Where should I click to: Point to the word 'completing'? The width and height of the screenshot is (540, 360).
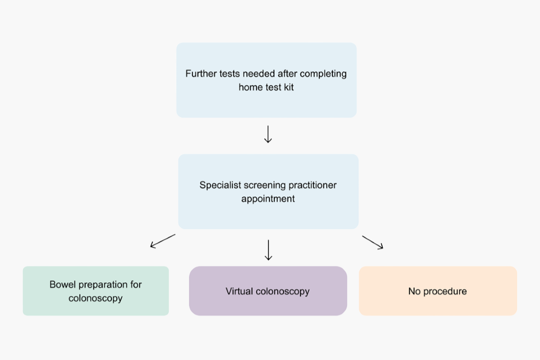(323, 74)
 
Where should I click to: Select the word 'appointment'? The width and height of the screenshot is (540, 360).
(268, 199)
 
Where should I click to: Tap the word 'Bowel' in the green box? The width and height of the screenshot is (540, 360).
(62, 284)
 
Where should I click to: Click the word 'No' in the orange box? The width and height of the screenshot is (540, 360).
(415, 291)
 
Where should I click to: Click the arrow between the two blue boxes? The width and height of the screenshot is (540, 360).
(268, 134)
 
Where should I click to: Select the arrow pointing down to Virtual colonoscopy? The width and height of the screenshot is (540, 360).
(268, 250)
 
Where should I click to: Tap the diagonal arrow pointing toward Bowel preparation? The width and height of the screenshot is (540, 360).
(163, 241)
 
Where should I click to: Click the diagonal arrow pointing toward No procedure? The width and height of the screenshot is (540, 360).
(372, 242)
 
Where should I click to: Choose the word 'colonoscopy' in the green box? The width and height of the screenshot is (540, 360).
(96, 298)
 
